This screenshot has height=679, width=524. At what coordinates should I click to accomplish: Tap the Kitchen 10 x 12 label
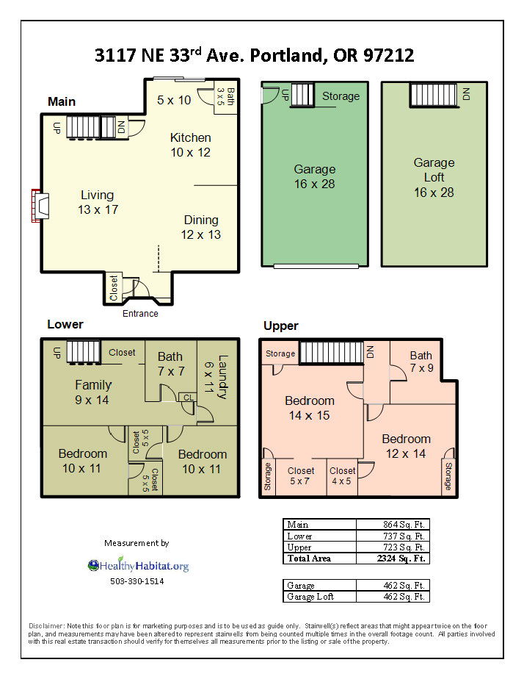190,145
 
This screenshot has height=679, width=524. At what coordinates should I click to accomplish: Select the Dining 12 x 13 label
200,227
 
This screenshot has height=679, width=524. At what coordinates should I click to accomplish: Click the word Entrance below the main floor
139,314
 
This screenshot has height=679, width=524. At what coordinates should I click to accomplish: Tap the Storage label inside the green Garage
341,96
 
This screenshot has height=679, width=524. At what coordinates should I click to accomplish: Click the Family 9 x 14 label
93,392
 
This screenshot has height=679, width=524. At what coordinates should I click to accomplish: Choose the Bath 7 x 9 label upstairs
421,362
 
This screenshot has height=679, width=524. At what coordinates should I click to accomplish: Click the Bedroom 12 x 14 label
406,446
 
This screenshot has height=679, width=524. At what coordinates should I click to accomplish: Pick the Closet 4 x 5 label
343,475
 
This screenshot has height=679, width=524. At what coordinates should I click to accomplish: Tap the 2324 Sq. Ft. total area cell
392,558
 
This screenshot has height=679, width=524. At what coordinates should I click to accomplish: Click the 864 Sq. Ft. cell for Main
392,524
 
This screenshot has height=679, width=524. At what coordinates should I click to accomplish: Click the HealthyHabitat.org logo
138,566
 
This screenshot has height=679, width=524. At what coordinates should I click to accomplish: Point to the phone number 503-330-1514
137,581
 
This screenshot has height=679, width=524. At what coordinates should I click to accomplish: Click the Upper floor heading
281,326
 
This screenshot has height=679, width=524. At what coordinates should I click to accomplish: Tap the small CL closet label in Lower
189,398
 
